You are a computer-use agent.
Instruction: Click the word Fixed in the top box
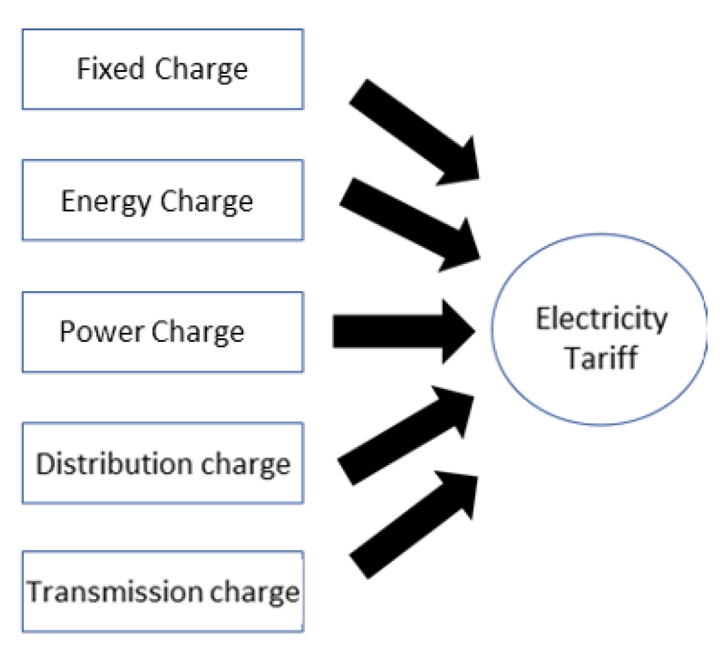(x=110, y=68)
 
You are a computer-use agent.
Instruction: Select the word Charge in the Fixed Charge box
(x=201, y=70)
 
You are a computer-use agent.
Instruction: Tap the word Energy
(x=106, y=202)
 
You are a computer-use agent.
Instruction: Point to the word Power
(x=101, y=332)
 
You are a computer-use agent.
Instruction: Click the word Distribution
(x=104, y=464)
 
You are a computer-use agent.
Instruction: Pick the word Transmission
(x=113, y=592)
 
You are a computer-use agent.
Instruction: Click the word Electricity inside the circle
(x=601, y=320)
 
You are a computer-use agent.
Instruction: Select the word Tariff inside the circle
(x=601, y=358)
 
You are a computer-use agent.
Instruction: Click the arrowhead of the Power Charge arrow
(x=457, y=331)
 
